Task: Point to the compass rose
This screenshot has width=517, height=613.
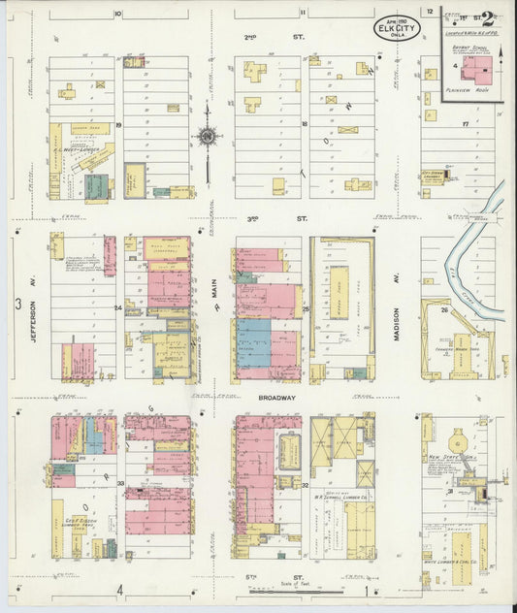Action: coord(207,138)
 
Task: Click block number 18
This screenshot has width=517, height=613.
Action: coord(304,125)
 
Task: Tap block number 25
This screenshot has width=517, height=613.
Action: coord(305,308)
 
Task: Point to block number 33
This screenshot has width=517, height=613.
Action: coord(120,483)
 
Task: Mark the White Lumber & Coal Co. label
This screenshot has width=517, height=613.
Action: coord(452,560)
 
